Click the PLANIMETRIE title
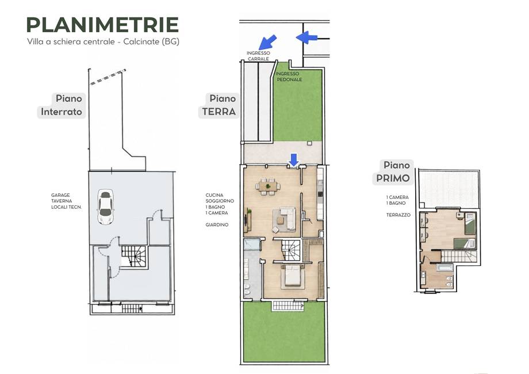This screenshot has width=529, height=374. pyautogui.click(x=102, y=25)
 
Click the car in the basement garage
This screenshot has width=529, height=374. pyautogui.click(x=105, y=207)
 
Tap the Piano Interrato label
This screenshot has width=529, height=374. pyautogui.click(x=62, y=105)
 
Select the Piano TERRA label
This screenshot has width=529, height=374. pyautogui.click(x=219, y=105)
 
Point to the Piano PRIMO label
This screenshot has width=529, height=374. pyautogui.click(x=393, y=171)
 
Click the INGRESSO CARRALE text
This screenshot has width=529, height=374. pyautogui.click(x=258, y=56)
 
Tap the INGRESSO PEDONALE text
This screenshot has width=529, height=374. pyautogui.click(x=289, y=77)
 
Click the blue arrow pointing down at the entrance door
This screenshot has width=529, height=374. pyautogui.click(x=294, y=159)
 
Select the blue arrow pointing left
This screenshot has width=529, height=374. pyautogui.click(x=306, y=37)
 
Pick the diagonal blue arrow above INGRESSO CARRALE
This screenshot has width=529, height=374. pyautogui.click(x=267, y=42)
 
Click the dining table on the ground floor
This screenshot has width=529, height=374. pyautogui.click(x=268, y=185)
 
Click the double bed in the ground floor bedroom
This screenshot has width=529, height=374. pyautogui.click(x=293, y=276)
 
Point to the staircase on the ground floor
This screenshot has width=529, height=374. pyautogui.click(x=291, y=250)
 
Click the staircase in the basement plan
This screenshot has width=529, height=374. pyautogui.click(x=134, y=257)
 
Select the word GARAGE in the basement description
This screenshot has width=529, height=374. pyautogui.click(x=61, y=195)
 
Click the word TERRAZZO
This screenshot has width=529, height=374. pyautogui.click(x=398, y=215)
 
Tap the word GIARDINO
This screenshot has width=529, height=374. pyautogui.click(x=217, y=224)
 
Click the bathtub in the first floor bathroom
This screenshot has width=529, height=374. pyautogui.click(x=444, y=268)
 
